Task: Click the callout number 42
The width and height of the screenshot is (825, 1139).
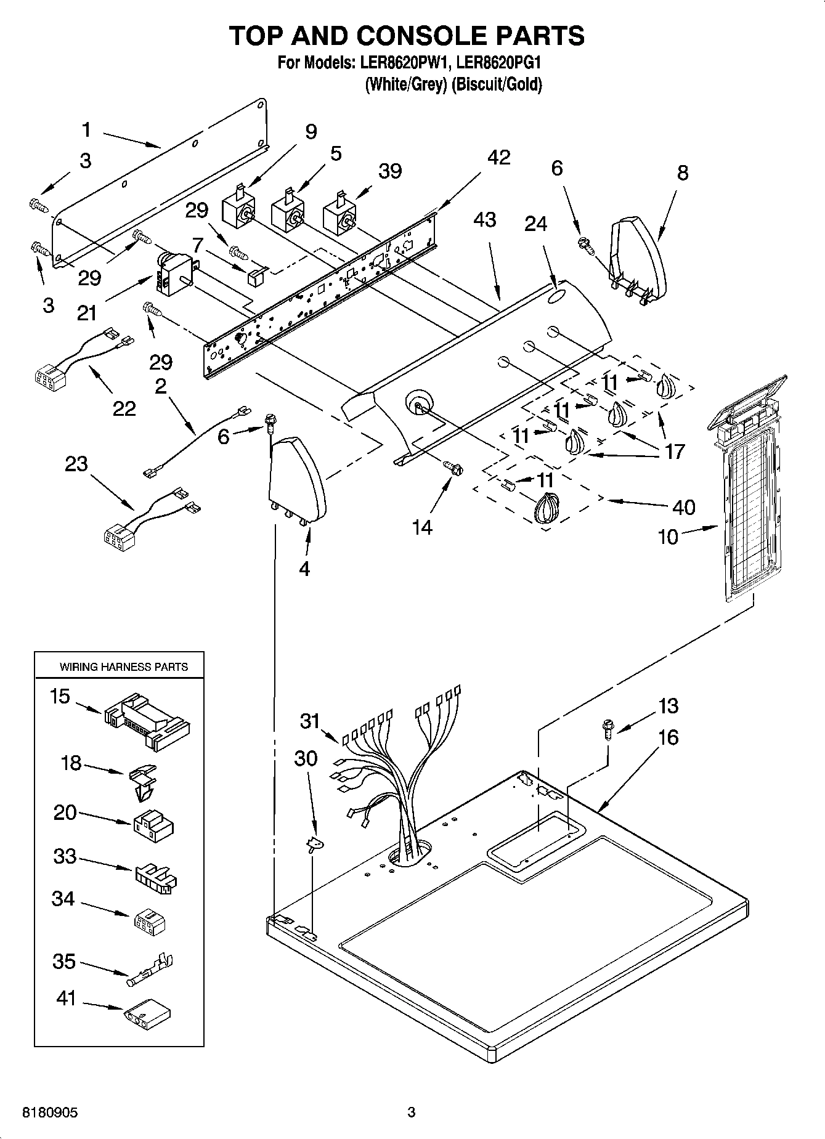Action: tap(498, 158)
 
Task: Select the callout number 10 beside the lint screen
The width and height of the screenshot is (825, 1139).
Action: tap(668, 537)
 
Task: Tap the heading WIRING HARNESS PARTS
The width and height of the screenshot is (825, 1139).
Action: tap(123, 667)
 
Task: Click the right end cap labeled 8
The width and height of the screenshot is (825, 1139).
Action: tap(638, 259)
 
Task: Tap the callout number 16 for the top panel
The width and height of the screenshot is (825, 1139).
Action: tap(668, 737)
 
